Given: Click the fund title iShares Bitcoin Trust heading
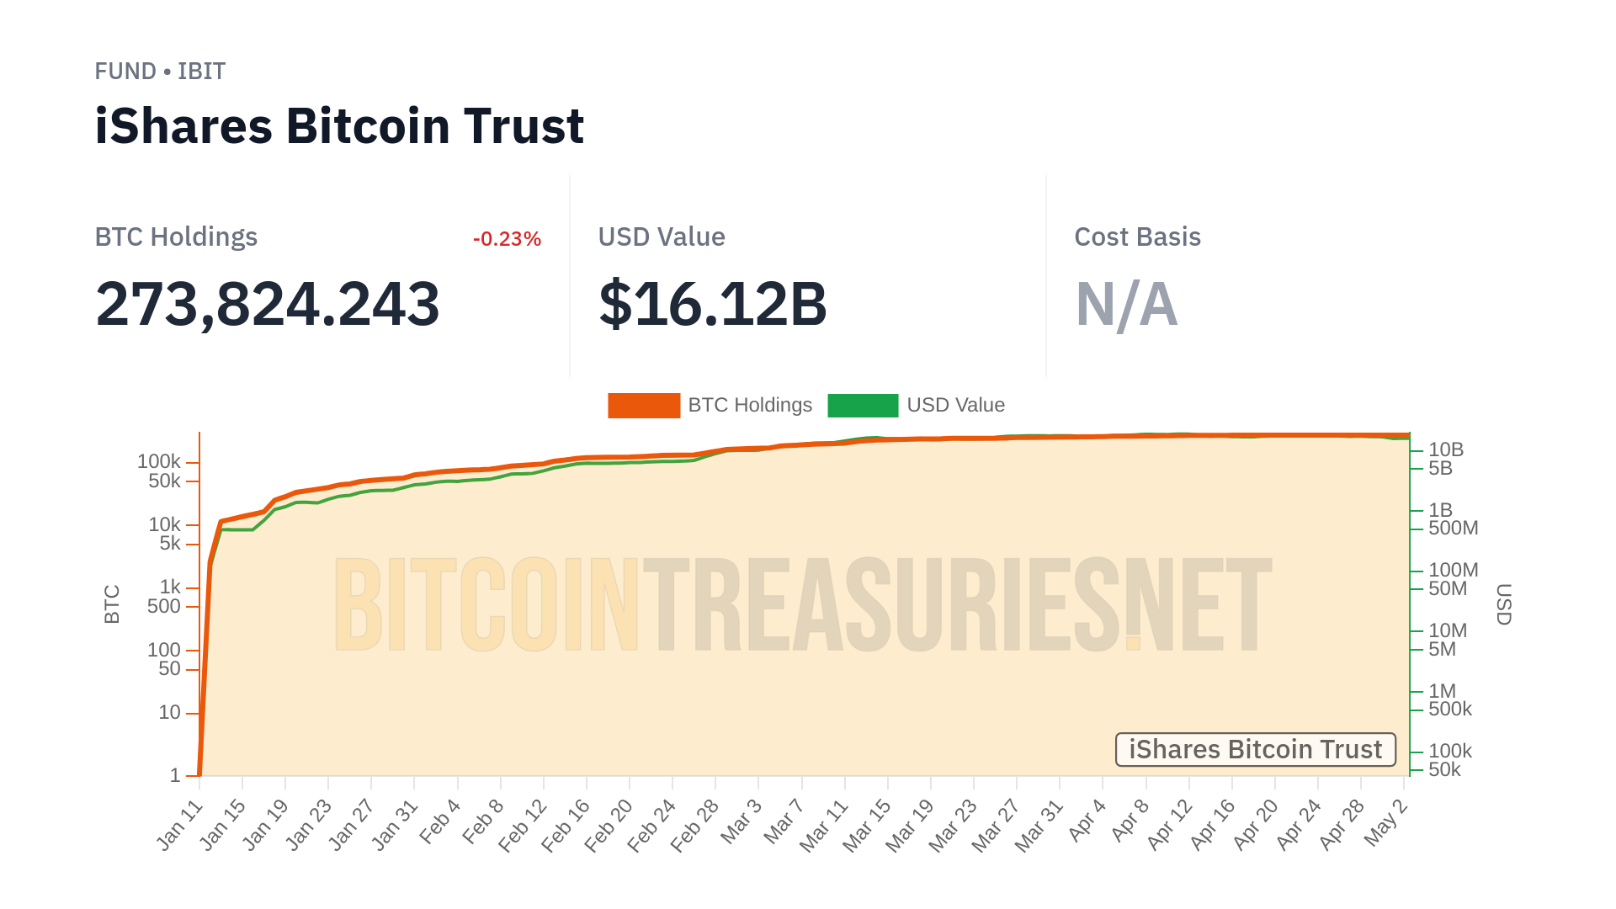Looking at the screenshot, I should pos(339,126).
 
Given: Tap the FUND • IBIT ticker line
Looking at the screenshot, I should pos(160,72).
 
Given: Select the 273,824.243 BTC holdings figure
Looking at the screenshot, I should pos(268,304).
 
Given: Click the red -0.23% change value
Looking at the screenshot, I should pos(507,239).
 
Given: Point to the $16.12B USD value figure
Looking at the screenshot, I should pos(713,304).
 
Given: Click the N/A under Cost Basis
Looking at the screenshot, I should pos(1126,305).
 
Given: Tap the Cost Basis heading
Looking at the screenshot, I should pos(1137,237).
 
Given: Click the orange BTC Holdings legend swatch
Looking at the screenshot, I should pos(644,406).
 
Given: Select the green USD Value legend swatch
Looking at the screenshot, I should pos(863,406).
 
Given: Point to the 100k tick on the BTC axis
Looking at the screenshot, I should pos(159,461).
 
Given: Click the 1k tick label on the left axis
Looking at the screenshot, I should pos(170,587).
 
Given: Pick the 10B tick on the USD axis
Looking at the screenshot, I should pos(1446,449).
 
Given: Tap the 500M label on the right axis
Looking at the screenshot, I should pos(1453,528).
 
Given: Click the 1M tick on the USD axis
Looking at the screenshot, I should pos(1442,690).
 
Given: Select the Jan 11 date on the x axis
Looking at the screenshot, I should pos(180,825).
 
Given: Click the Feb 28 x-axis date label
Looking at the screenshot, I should pos(695,825).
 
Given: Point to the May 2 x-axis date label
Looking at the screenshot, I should pos(1385,822).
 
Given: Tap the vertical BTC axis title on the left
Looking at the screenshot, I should pos(112,604).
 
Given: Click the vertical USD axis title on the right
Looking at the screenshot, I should pos(1504,604).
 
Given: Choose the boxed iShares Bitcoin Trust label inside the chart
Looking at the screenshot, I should pos(1255,749).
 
